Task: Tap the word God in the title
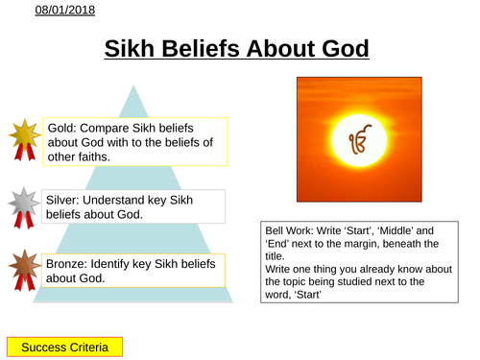[x=343, y=49]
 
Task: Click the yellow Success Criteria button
[x=64, y=346]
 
